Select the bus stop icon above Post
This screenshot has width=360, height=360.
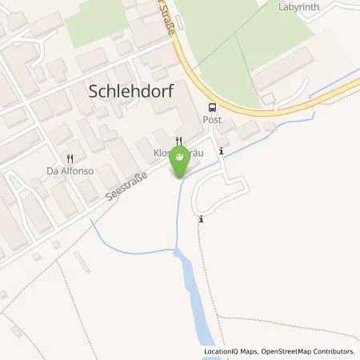(x=211, y=107)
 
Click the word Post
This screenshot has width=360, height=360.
(x=211, y=119)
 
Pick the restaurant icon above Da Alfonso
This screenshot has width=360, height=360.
(x=71, y=158)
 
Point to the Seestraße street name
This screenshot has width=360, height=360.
(x=128, y=191)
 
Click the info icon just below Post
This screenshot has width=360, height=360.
(x=222, y=150)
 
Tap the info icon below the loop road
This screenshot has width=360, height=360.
(x=202, y=218)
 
